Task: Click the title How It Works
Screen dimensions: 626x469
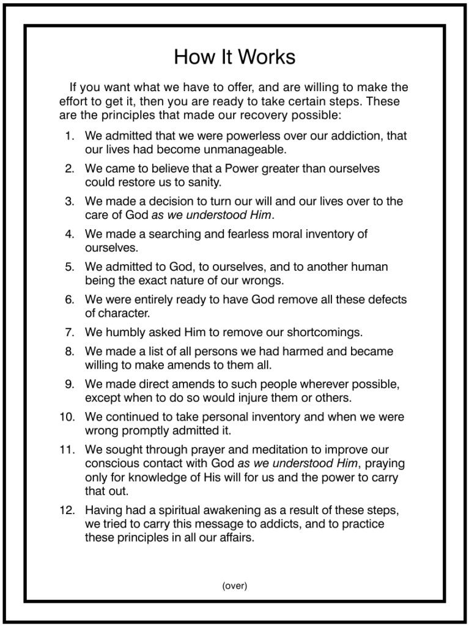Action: click(234, 57)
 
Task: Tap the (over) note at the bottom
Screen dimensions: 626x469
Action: click(234, 586)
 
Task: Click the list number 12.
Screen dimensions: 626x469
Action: click(67, 510)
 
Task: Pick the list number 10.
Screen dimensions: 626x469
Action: click(67, 418)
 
